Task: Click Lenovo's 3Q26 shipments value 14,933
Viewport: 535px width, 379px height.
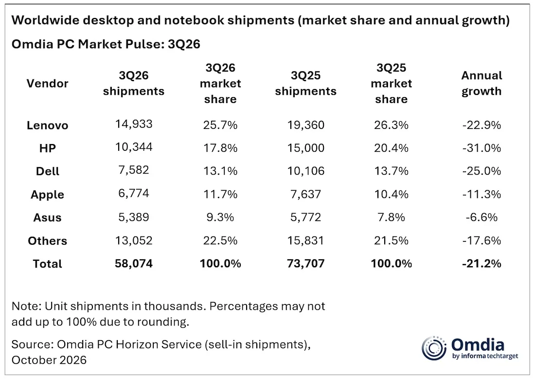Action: (134, 124)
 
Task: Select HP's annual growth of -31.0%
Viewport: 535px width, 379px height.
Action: (481, 148)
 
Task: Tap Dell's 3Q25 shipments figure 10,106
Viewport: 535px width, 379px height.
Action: (306, 171)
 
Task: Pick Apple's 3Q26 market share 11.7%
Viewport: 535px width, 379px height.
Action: (220, 194)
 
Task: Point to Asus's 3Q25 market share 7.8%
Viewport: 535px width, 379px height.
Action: (391, 217)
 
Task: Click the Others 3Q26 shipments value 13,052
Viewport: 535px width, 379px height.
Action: (134, 240)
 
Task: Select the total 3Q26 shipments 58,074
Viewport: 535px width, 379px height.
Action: (134, 264)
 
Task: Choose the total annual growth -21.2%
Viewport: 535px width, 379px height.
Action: (481, 264)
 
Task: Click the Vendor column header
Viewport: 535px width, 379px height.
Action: (48, 83)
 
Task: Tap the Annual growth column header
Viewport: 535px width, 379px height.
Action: (481, 83)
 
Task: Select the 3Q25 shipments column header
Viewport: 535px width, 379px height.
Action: (306, 83)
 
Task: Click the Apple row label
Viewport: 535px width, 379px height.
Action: (48, 194)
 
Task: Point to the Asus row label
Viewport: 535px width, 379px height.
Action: (48, 217)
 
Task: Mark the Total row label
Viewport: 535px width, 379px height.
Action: (48, 264)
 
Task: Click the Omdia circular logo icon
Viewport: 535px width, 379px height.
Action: (434, 348)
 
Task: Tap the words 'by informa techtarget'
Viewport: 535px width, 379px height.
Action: (485, 356)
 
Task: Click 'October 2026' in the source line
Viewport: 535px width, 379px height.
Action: (49, 360)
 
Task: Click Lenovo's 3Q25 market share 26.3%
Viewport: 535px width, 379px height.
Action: (391, 125)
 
